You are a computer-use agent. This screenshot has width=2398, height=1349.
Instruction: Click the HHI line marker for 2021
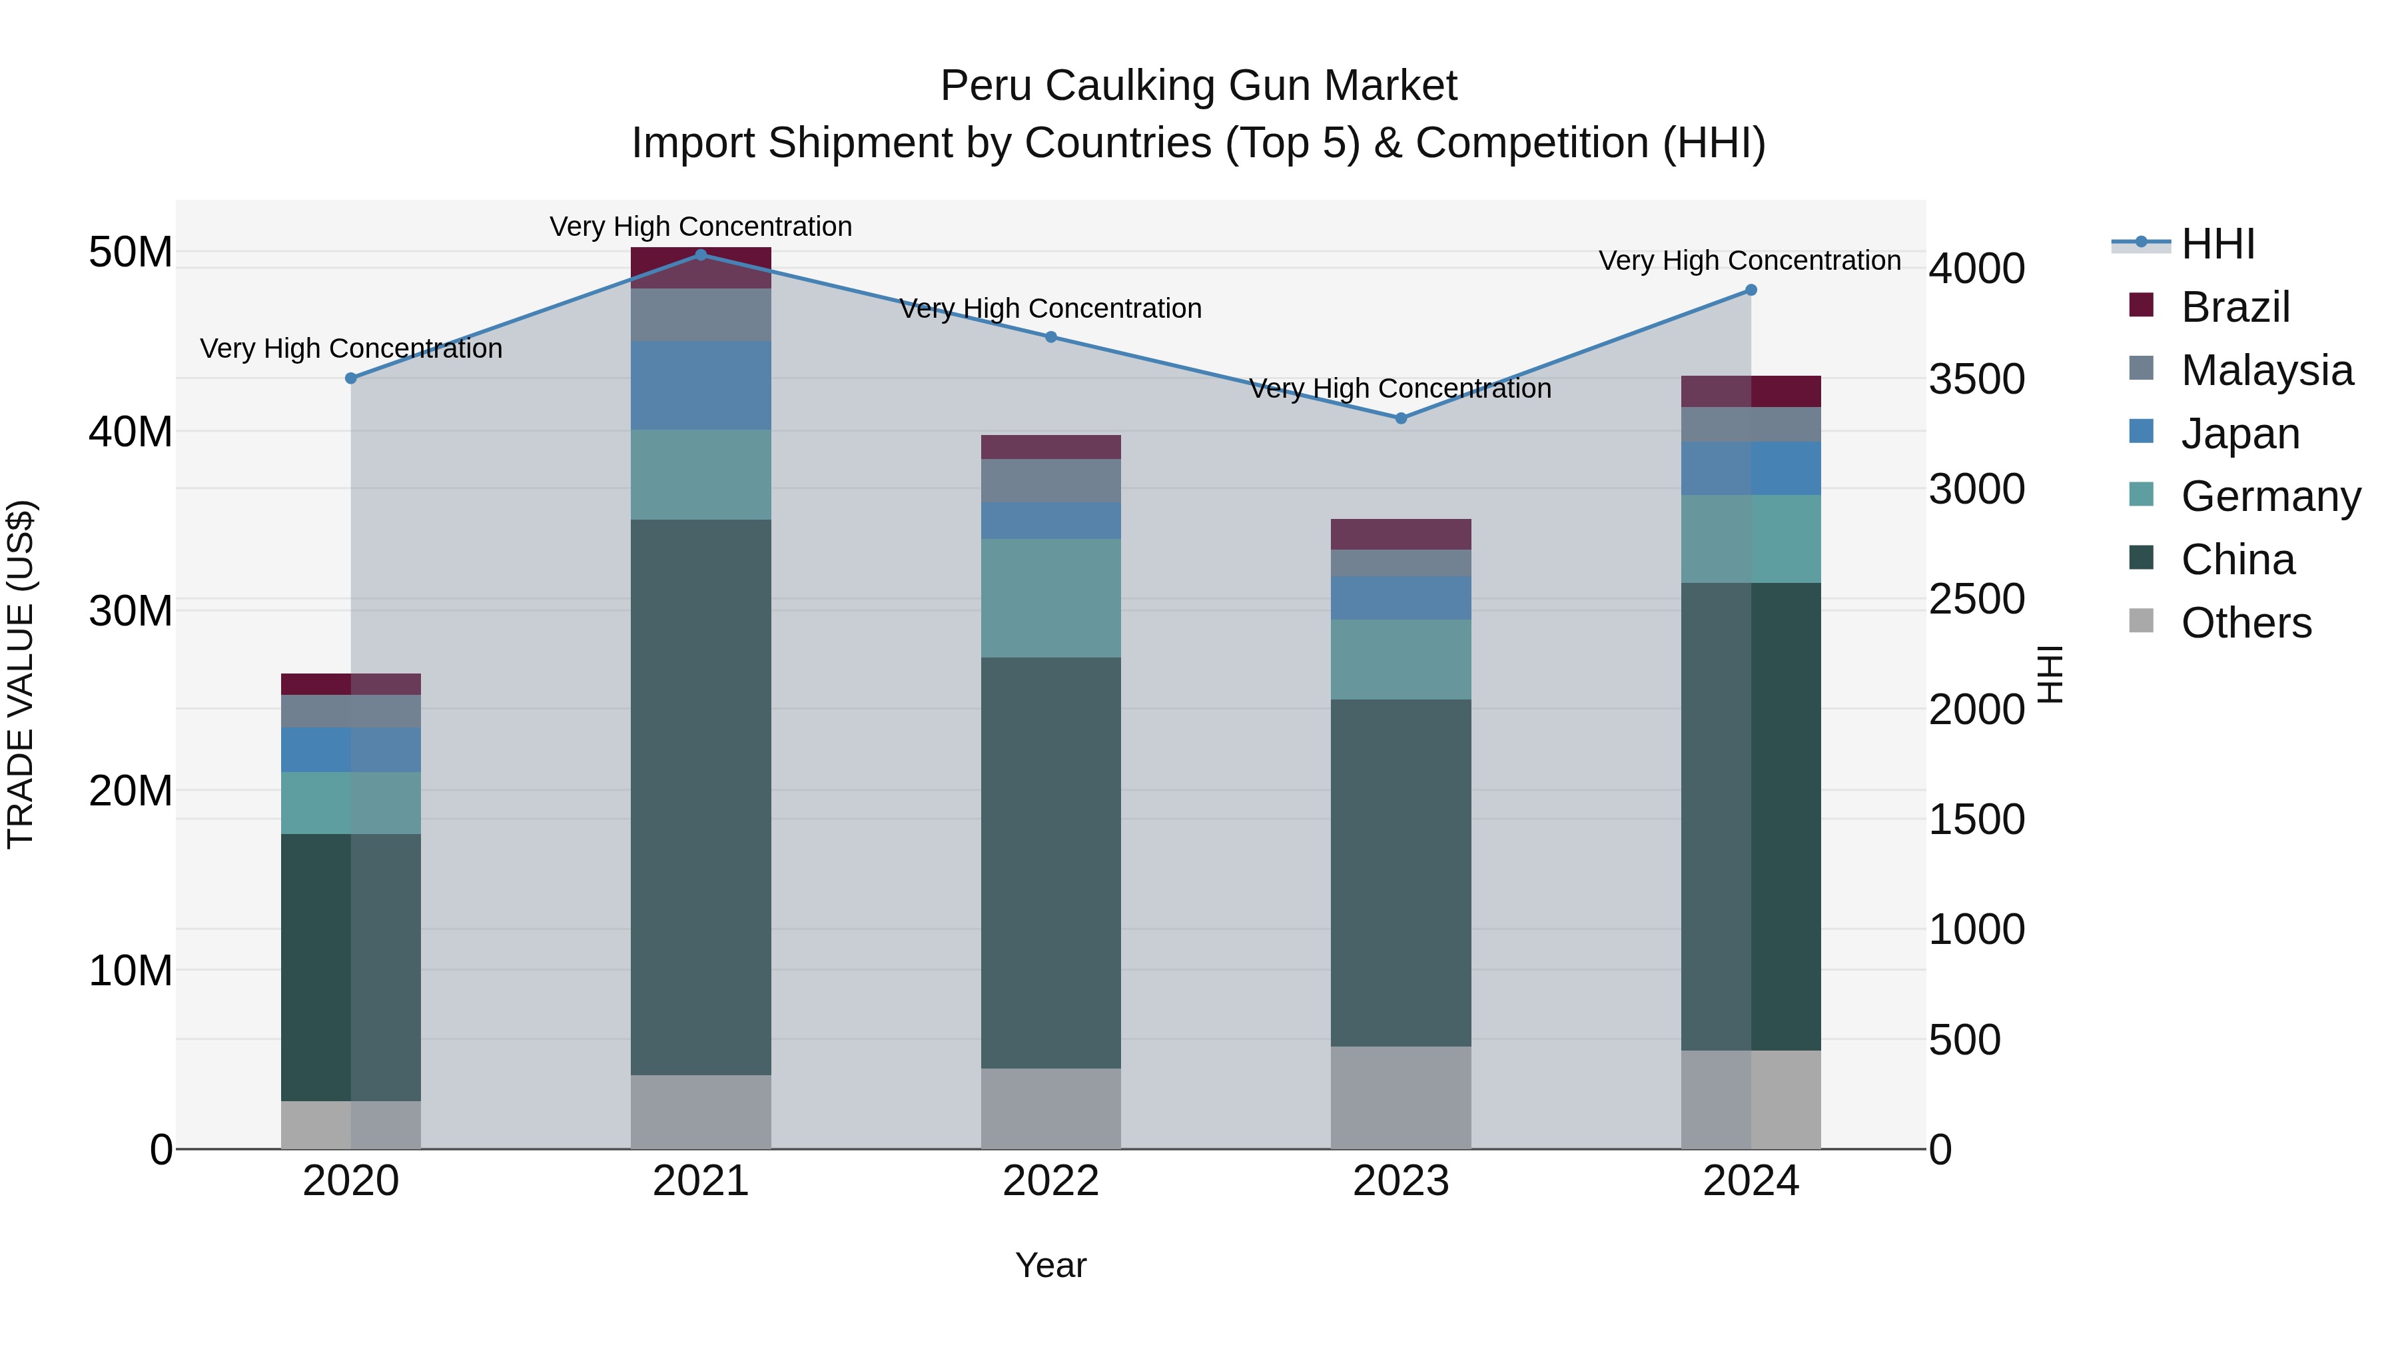tap(701, 255)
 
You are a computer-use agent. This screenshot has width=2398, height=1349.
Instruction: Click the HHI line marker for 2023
tap(1401, 418)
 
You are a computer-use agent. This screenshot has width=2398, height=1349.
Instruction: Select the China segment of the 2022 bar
tap(1051, 862)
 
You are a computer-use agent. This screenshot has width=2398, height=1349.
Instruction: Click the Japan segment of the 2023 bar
tap(1401, 598)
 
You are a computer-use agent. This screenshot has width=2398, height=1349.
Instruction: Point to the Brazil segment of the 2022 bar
tap(1051, 447)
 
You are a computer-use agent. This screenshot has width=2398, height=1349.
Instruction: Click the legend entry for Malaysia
tap(2266, 370)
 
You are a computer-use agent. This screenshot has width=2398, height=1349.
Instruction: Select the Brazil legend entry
tap(2234, 306)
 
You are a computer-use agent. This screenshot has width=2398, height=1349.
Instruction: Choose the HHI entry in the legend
tap(2217, 244)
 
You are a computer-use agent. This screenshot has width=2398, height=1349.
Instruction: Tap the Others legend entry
tap(2245, 622)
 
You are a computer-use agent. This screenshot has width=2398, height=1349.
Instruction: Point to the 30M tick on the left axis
tap(131, 612)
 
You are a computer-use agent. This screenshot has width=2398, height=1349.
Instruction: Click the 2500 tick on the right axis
tap(1976, 599)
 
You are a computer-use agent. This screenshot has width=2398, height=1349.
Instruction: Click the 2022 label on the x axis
tap(1051, 1181)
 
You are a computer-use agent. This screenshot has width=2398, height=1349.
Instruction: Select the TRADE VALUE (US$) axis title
tap(21, 674)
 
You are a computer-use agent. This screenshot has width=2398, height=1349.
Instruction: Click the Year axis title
tap(1051, 1265)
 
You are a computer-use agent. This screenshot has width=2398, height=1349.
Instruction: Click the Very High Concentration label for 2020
tap(351, 348)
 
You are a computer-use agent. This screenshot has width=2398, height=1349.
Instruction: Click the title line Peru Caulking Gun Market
tap(1198, 86)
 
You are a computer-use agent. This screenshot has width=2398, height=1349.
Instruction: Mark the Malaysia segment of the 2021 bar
tap(701, 314)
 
